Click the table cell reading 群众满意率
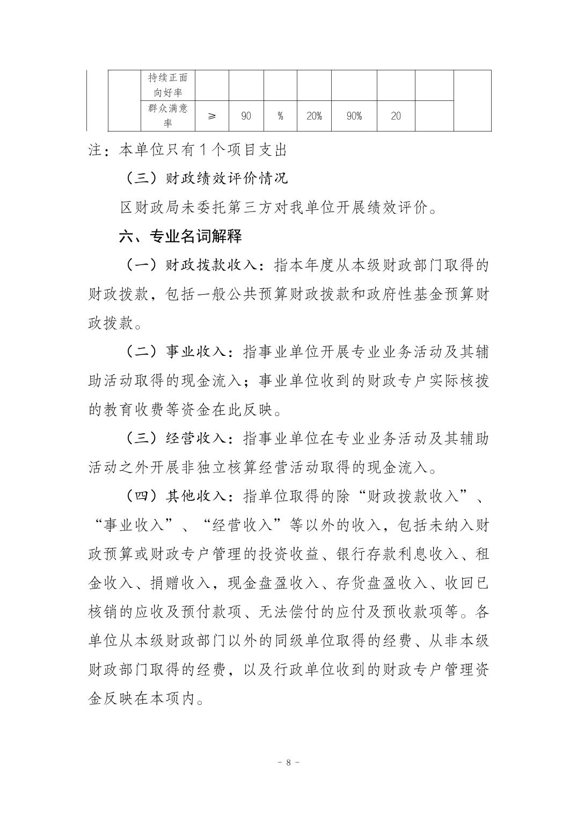pyautogui.click(x=168, y=116)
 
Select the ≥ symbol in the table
pyautogui.click(x=212, y=116)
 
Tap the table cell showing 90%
pyautogui.click(x=354, y=116)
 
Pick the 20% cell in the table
pyautogui.click(x=314, y=116)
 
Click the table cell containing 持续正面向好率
pyautogui.click(x=168, y=85)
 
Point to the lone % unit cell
pyautogui.click(x=280, y=116)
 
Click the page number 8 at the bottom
pyautogui.click(x=289, y=762)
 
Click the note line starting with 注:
pyautogui.click(x=187, y=150)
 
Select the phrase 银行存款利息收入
pyautogui.click(x=398, y=555)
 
